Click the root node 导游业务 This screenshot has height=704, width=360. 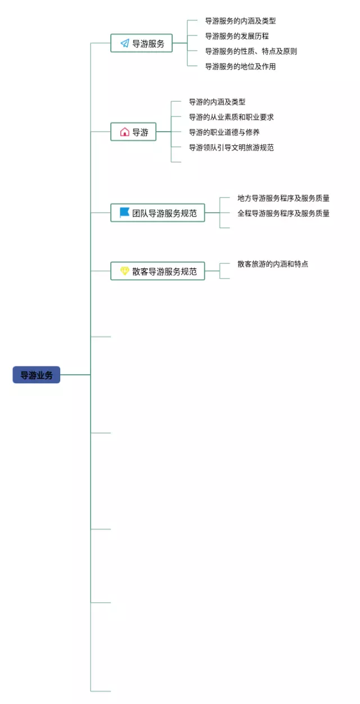click(x=36, y=375)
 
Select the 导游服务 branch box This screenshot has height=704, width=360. click(x=141, y=43)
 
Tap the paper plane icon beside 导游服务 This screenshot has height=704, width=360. click(x=124, y=43)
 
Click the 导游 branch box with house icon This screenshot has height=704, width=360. click(x=133, y=132)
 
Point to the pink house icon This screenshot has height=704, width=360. click(x=124, y=132)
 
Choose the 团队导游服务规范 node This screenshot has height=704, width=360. click(x=157, y=213)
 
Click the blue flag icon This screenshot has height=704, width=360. click(x=124, y=212)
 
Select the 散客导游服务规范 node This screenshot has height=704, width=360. click(x=157, y=271)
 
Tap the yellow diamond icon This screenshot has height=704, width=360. click(x=124, y=271)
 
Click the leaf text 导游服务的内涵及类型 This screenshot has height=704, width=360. click(x=240, y=21)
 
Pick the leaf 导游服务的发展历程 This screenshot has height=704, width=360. click(x=237, y=36)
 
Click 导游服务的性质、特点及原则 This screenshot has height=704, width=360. click(x=251, y=51)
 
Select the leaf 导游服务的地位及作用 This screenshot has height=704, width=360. click(x=240, y=66)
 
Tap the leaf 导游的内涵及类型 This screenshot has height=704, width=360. click(x=217, y=102)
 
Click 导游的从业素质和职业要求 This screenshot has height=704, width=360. click(x=231, y=117)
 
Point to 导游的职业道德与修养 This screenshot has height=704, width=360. click(x=224, y=132)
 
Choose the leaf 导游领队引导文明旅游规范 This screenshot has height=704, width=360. click(x=231, y=147)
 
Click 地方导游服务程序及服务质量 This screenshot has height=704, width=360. click(x=283, y=198)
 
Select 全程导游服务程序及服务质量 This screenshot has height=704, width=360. click(x=283, y=213)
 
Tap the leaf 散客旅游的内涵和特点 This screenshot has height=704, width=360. click(x=272, y=263)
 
